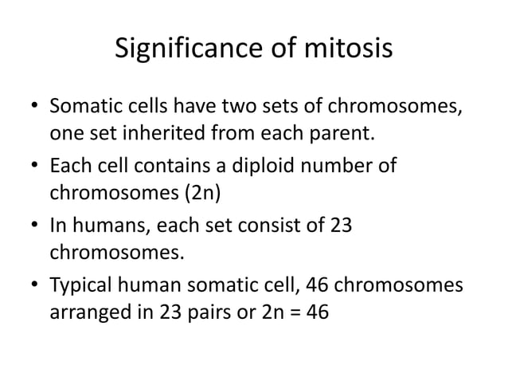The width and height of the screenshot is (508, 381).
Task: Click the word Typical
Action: point(85,285)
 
